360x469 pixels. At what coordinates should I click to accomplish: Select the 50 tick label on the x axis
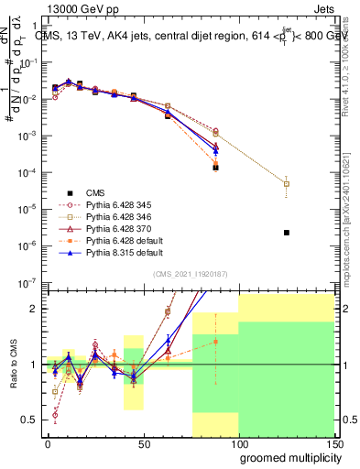click(142, 442)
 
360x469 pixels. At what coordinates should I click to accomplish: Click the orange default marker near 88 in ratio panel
click(216, 342)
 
